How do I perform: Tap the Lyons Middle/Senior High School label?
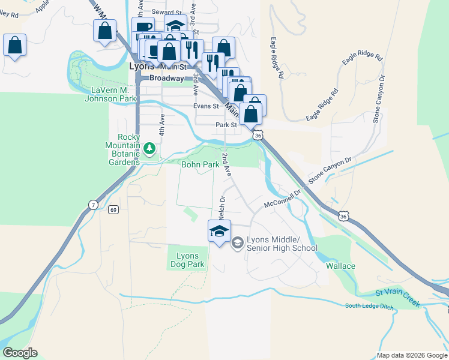coord(281,244)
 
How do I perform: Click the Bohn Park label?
coord(200,164)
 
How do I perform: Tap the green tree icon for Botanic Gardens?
coord(149,148)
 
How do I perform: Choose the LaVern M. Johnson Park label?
coord(112,95)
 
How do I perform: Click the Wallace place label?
coord(340,266)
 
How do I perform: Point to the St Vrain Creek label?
coord(398,297)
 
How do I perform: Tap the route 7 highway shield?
coord(93,205)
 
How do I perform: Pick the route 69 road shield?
coord(113,210)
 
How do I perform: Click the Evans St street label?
coord(206,106)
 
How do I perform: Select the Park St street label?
coord(227,125)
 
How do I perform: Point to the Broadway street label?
coord(166,79)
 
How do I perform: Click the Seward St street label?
coord(166,12)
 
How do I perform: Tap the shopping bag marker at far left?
coord(14,46)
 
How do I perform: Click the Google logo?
coord(20,353)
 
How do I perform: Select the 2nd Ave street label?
coord(226,163)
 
